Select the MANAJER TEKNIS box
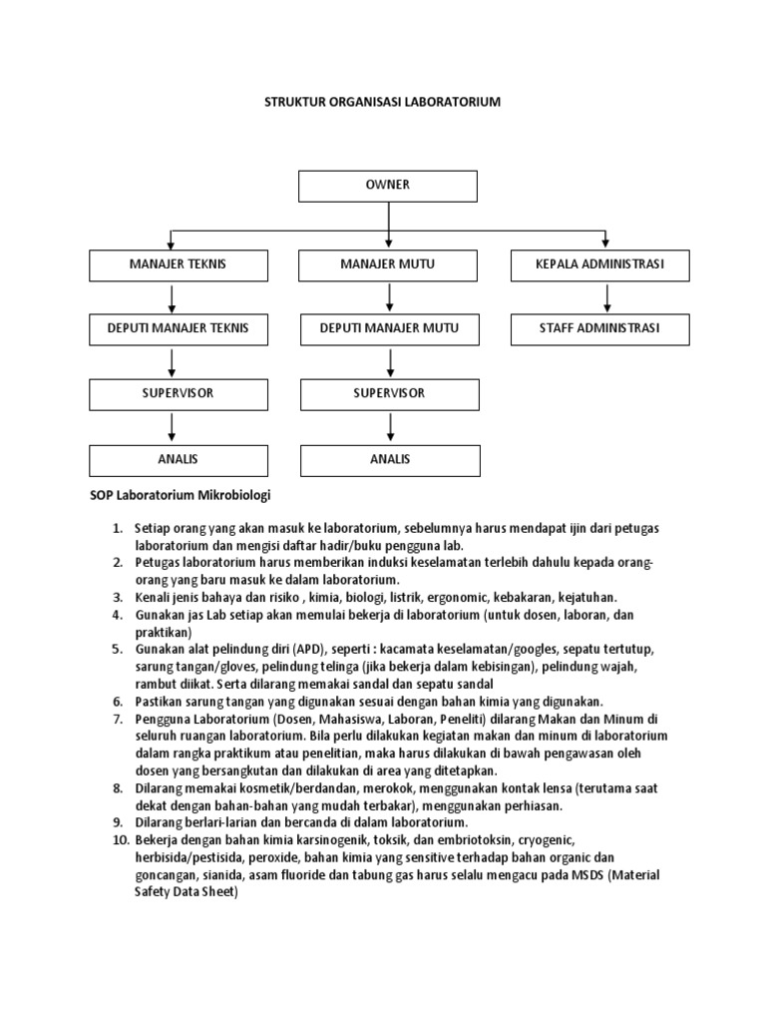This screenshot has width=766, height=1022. pyautogui.click(x=179, y=265)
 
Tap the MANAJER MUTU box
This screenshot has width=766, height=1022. pyautogui.click(x=389, y=265)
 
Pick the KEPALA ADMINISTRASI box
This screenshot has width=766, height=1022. pyautogui.click(x=599, y=265)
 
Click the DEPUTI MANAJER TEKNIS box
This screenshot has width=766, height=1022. pyautogui.click(x=179, y=329)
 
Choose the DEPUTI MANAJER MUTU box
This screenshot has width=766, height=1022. pyautogui.click(x=389, y=329)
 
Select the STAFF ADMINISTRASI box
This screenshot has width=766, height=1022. pyautogui.click(x=599, y=329)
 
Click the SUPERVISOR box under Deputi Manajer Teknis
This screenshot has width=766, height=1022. pyautogui.click(x=179, y=394)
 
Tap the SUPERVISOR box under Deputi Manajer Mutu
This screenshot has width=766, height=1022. pyautogui.click(x=389, y=394)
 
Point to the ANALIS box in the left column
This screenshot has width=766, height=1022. pyautogui.click(x=179, y=459)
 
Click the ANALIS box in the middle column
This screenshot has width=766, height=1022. pyautogui.click(x=389, y=459)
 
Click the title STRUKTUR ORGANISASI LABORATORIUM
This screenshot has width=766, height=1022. pyautogui.click(x=382, y=103)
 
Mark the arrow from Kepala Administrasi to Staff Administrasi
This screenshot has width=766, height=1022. pyautogui.click(x=606, y=297)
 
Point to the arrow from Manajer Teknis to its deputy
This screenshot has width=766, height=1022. pyautogui.click(x=174, y=297)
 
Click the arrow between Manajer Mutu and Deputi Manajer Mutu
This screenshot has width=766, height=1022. pyautogui.click(x=390, y=297)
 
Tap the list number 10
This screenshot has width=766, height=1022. pyautogui.click(x=119, y=840)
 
